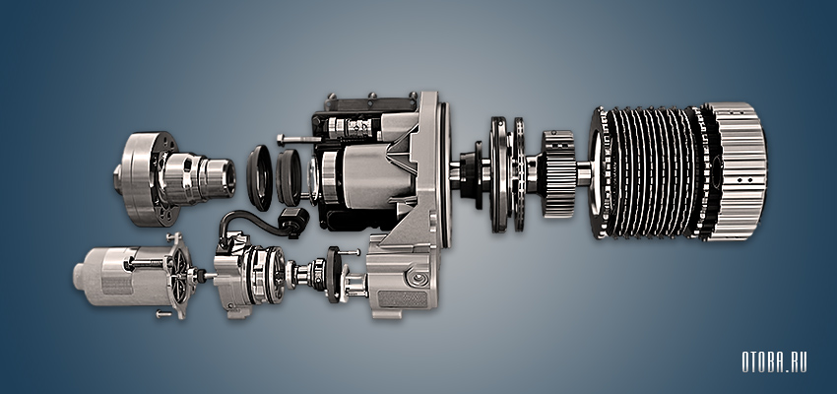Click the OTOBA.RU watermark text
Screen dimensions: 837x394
774,361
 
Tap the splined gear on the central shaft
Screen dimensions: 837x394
558,173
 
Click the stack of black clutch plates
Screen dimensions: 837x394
650,173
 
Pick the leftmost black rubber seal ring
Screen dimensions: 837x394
260,177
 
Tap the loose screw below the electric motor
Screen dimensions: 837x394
164,314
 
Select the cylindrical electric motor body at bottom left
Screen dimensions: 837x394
122,276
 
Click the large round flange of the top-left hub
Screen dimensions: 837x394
138,179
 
